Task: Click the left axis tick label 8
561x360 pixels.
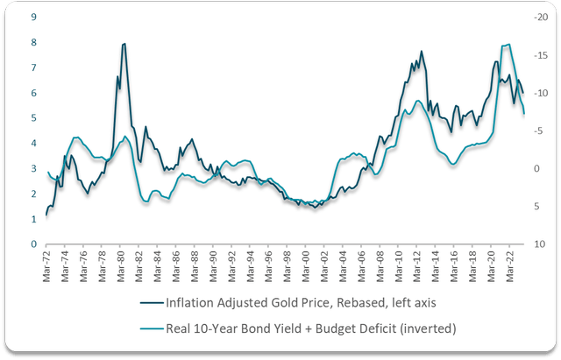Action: pyautogui.click(x=34, y=42)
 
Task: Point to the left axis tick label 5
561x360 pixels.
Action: pyautogui.click(x=34, y=118)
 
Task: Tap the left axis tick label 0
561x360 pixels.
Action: pyautogui.click(x=34, y=244)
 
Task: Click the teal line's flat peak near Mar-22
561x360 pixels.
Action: pyautogui.click(x=506, y=45)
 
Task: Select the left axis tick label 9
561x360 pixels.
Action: pyautogui.click(x=34, y=17)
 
